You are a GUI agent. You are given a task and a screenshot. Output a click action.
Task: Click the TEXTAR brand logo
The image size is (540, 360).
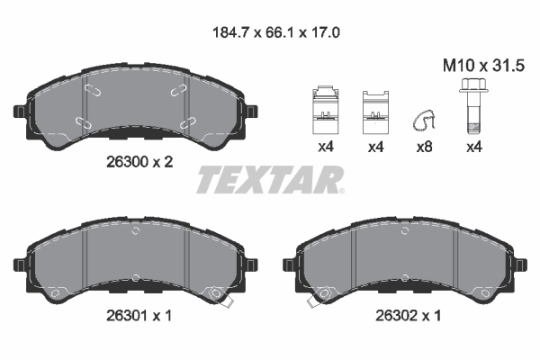click(270, 180)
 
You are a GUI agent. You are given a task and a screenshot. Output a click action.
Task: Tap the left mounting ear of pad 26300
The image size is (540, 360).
click(21, 112)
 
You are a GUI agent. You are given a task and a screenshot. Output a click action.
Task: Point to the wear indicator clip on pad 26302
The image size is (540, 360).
click(316, 296)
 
